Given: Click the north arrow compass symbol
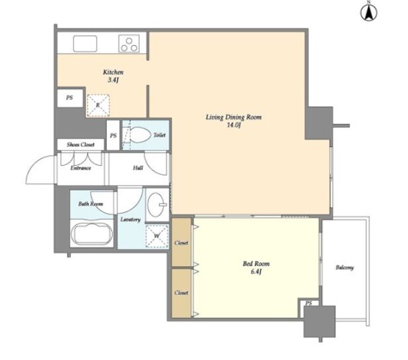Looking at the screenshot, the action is [x=369, y=12].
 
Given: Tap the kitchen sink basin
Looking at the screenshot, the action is [x=85, y=44].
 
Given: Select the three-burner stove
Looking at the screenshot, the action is [x=129, y=44].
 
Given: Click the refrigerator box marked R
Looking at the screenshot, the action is [x=98, y=105].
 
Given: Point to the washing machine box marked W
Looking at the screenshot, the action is [x=157, y=236].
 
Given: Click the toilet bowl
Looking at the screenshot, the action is [x=140, y=135].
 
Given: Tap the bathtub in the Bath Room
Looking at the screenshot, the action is [x=92, y=233].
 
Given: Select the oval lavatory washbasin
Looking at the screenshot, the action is [x=156, y=204].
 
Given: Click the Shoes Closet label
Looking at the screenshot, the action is [x=81, y=145].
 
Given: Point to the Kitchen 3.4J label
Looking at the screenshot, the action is [x=113, y=76].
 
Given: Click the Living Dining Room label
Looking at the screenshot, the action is [x=234, y=121].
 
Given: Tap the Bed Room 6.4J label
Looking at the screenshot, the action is [x=256, y=268].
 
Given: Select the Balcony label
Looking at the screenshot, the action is [x=344, y=268].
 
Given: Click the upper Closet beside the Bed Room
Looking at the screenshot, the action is [x=181, y=242].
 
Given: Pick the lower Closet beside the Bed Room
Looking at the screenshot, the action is [x=181, y=293].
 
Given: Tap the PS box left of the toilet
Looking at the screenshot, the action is [x=113, y=135].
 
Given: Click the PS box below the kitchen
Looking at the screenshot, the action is [x=70, y=98].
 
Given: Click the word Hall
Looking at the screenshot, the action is [x=138, y=168].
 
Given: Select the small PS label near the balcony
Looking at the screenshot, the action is [x=309, y=303].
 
